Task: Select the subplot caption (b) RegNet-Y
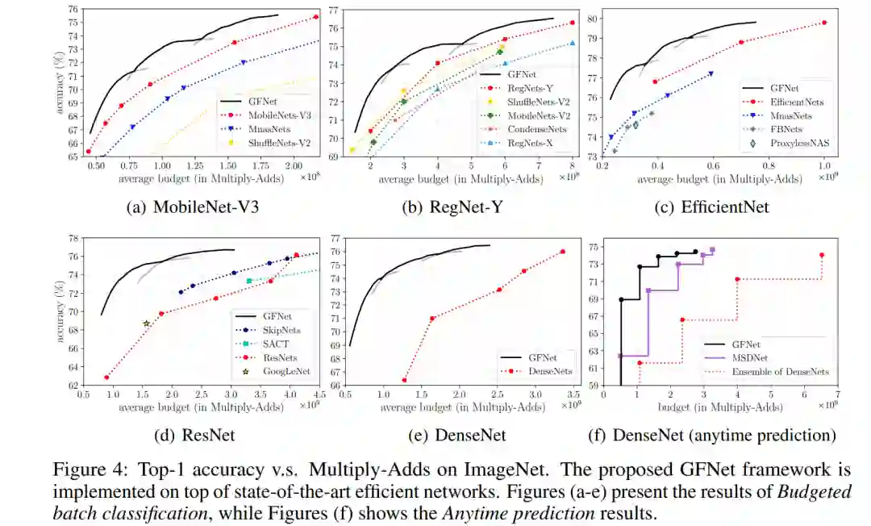pos(456,207)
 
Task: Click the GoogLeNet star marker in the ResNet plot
pos(147,324)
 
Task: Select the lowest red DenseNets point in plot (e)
pos(404,380)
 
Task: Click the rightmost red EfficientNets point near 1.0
pos(824,23)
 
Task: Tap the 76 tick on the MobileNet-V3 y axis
pos(71,10)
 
